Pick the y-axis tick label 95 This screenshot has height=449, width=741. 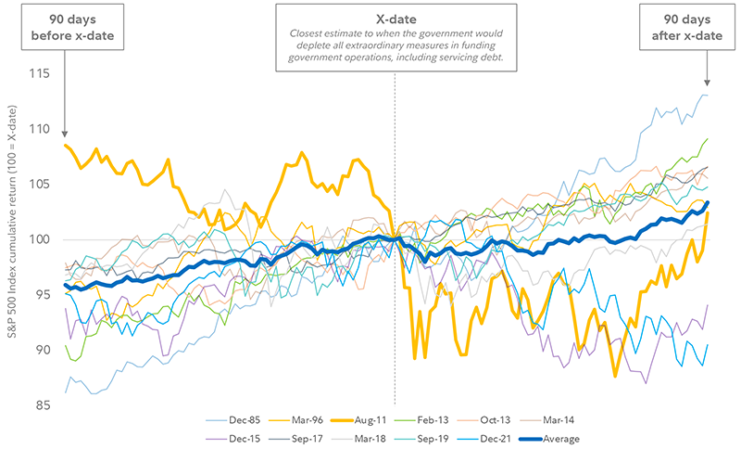(42, 295)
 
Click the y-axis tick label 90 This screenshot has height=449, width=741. (42, 350)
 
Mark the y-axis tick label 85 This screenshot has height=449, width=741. (42, 404)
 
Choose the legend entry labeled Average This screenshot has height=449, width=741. (557, 439)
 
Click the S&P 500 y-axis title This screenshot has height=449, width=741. (12, 239)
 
